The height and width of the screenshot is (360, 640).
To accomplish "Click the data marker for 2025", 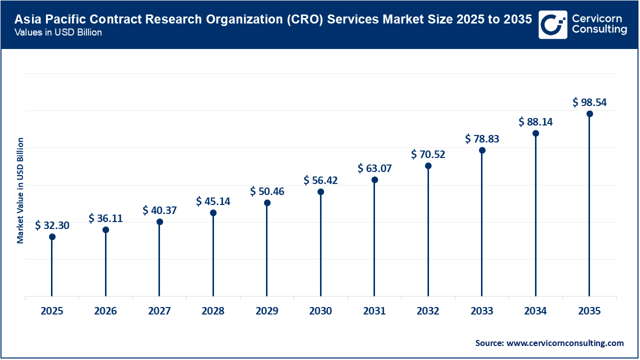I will point(52,237).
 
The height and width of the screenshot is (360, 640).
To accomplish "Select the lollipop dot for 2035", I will point(589,114).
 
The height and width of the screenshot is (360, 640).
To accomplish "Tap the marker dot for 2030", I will point(320,192).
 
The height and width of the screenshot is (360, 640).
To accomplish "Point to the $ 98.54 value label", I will point(589,102).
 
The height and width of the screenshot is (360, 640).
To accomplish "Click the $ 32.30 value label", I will point(52,225).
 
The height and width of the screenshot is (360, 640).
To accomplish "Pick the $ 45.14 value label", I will point(213,201).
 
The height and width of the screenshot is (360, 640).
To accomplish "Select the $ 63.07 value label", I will point(374,168).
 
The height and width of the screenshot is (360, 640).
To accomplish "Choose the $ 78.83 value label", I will point(482,138).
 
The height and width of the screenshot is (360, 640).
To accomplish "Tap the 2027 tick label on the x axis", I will point(159,311).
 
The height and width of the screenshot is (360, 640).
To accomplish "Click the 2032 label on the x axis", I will point(428,311).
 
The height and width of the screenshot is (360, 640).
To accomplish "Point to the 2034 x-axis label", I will point(535,311).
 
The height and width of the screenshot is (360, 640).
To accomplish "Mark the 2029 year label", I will point(267,311).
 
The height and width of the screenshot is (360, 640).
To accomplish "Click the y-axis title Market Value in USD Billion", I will point(20,190).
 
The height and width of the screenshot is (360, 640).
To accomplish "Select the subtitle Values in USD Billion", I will point(58,32).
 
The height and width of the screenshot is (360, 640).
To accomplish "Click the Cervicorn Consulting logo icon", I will point(552,24).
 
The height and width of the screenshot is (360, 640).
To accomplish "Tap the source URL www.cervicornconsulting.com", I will point(565,343).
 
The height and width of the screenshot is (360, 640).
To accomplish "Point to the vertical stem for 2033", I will point(482,225).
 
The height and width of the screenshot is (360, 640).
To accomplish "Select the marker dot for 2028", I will point(213,213).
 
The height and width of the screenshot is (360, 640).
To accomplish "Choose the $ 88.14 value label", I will point(535,121).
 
